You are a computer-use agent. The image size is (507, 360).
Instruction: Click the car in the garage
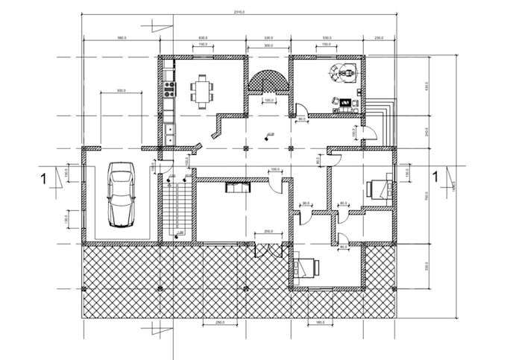coord(122,195)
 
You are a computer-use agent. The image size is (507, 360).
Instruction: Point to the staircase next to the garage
coord(177,209)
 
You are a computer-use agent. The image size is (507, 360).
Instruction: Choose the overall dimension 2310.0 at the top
coord(239,12)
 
